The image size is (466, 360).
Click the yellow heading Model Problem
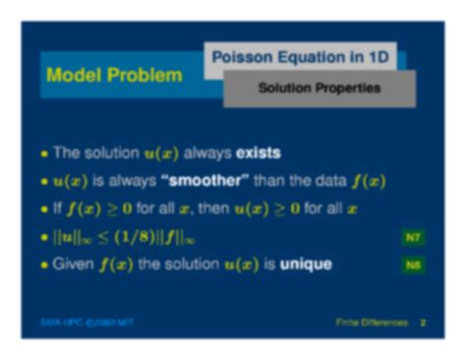point(115,76)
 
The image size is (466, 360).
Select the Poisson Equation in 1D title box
point(302,57)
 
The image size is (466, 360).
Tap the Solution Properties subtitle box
point(319,89)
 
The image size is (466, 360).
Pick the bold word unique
point(305,265)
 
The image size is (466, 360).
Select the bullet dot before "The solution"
point(43,154)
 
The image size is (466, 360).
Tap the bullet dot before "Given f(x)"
point(43,266)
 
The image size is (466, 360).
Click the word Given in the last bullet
point(72,265)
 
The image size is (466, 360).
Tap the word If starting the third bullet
point(57,209)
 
